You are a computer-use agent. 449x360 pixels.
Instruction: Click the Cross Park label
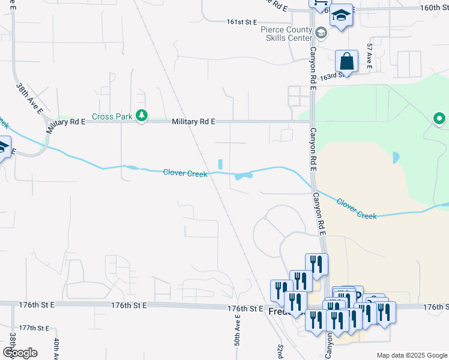click(112, 117)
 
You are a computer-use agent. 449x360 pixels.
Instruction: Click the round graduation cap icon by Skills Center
click(321, 32)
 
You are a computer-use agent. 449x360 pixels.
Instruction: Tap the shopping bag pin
click(346, 61)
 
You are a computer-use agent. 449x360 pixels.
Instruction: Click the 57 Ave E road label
click(370, 56)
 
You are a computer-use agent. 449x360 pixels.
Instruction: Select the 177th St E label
click(34, 328)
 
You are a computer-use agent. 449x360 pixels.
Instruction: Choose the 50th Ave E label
click(238, 339)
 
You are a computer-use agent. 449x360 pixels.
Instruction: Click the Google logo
click(20, 353)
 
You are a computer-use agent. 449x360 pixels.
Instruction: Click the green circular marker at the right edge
click(440, 119)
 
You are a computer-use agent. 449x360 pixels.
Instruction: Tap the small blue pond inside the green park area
click(396, 158)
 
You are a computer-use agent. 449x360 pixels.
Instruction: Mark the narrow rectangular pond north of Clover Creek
click(220, 164)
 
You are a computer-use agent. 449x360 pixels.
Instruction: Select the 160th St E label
click(435, 8)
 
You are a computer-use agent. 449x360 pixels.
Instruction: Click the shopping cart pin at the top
click(319, 4)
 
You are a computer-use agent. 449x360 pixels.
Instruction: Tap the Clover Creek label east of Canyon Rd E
click(357, 209)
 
